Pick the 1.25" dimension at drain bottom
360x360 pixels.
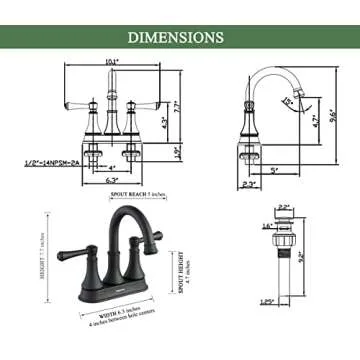269,328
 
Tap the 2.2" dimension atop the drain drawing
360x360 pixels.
283,207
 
